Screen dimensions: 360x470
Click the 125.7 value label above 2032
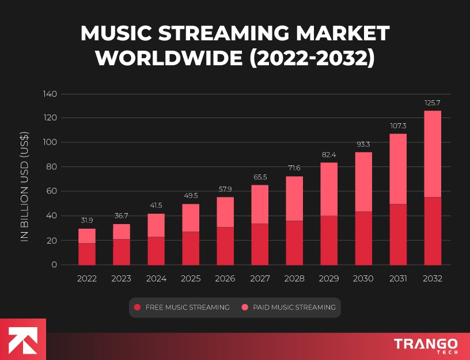(433, 103)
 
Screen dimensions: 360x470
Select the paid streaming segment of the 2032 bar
(433, 154)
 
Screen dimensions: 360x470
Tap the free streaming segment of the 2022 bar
(87, 254)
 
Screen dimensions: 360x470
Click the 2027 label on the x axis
(260, 279)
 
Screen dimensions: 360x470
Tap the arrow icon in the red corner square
(22, 339)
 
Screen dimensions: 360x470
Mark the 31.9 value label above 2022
(87, 220)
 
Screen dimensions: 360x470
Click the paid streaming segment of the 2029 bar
(329, 189)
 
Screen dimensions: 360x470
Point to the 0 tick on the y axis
(54, 265)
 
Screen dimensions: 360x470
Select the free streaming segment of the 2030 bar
(363, 238)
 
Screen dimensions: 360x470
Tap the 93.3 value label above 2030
(363, 144)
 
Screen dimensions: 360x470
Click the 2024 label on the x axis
(156, 279)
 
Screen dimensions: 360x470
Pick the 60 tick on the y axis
(52, 191)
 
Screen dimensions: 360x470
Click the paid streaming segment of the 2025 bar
(191, 218)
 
